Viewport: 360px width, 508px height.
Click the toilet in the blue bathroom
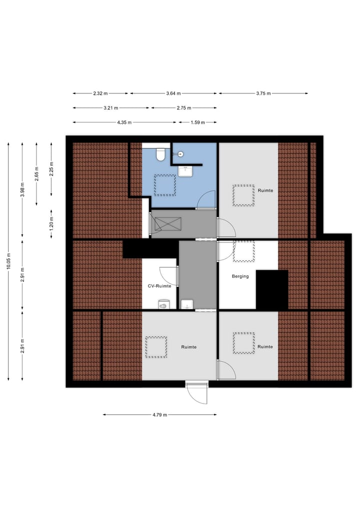pos(160,154)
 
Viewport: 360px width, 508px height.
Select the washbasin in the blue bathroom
pos(185,171)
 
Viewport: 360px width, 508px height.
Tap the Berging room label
pos(240,276)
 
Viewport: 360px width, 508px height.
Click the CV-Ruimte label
pos(159,286)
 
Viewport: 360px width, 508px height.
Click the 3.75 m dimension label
pos(262,93)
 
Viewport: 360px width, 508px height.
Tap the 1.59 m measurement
pos(197,122)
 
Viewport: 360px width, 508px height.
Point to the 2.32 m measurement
pos(100,93)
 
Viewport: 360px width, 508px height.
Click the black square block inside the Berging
pos(272,290)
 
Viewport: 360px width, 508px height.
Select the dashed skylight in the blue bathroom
pos(164,185)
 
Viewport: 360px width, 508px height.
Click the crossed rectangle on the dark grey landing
pos(164,224)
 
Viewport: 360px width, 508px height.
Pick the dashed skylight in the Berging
pos(243,251)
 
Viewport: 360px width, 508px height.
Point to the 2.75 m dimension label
pos(183,108)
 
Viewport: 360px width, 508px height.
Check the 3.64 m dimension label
pos(173,93)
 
